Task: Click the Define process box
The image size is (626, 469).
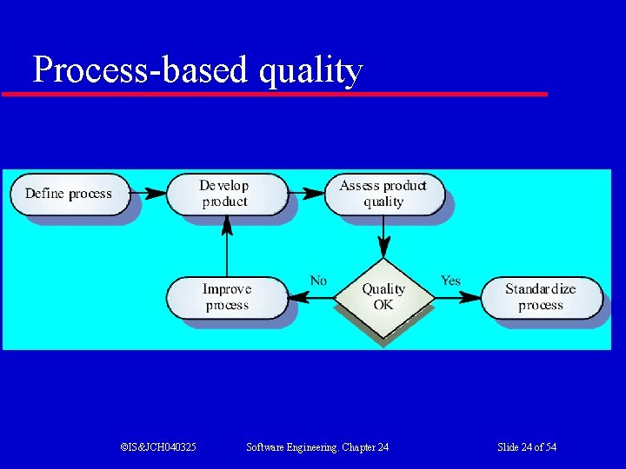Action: click(69, 194)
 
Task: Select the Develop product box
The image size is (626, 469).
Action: click(225, 194)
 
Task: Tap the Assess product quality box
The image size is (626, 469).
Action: click(383, 194)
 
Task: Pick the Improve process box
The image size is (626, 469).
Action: click(226, 297)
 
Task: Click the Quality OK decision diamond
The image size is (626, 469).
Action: click(383, 297)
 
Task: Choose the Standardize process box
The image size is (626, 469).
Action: click(541, 297)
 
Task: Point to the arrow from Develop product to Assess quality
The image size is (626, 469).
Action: click(306, 193)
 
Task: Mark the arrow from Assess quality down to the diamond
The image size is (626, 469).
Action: click(383, 236)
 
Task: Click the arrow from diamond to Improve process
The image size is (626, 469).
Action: click(310, 298)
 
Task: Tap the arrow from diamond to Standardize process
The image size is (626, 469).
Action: click(456, 298)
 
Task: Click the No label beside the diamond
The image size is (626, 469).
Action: click(318, 281)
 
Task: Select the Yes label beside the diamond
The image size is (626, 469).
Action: click(450, 281)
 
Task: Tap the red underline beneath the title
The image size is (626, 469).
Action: click(275, 93)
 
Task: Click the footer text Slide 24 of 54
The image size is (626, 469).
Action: click(527, 447)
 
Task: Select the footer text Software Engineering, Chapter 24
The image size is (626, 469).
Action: click(317, 447)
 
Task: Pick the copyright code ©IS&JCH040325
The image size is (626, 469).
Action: click(157, 447)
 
